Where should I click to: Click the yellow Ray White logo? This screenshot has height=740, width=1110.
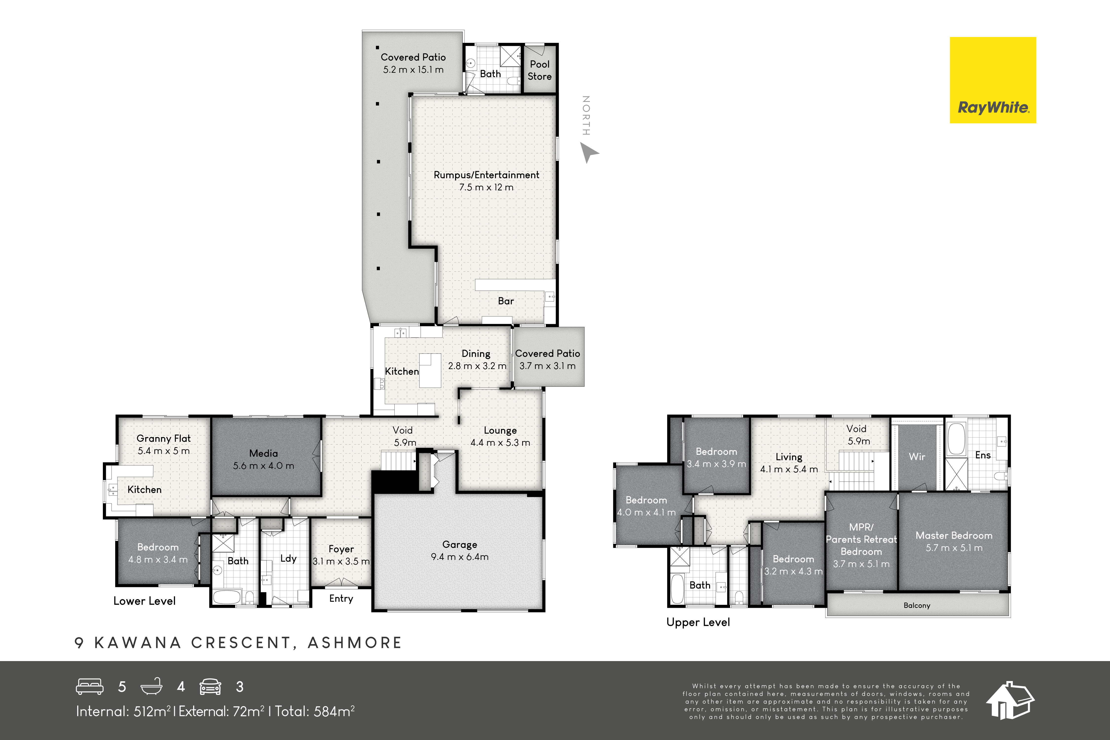click(x=993, y=80)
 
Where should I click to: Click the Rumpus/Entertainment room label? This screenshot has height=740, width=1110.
click(x=486, y=175)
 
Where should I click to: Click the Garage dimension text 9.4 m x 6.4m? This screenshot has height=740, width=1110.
click(x=460, y=557)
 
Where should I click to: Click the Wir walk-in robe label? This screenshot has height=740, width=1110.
click(x=917, y=456)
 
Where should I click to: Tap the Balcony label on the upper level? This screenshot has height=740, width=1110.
click(x=917, y=606)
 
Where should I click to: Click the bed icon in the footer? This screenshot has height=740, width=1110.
click(x=90, y=687)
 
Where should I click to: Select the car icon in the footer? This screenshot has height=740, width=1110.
click(x=210, y=687)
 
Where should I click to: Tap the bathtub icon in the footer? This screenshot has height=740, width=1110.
click(x=151, y=687)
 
